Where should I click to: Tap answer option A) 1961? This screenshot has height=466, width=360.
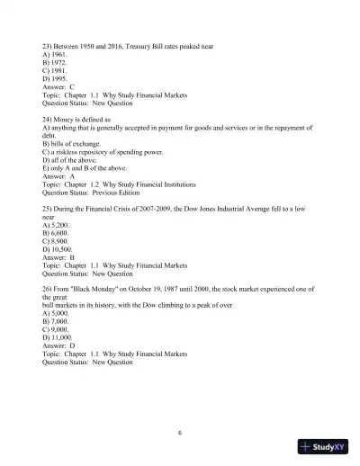(x=56, y=54)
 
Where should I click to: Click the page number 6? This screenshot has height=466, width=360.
(x=180, y=433)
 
